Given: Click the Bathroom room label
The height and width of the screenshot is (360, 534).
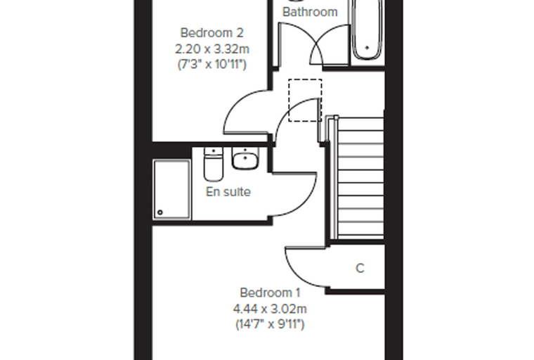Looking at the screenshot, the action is tap(310, 12).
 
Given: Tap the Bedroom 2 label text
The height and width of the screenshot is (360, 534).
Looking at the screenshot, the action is tap(211, 33).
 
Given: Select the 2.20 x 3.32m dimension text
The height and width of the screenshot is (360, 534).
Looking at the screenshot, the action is tap(211, 49).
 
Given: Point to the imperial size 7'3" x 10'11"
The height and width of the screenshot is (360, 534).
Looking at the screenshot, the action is tap(211, 64).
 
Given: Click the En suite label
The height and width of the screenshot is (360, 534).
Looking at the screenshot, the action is tap(228, 191).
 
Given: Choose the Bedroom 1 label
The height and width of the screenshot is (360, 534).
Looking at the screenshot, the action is tap(270, 292).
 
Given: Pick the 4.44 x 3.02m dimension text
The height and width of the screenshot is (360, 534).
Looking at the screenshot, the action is tap(270, 309).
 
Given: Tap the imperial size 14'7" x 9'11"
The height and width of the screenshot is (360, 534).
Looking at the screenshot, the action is tap(270, 324).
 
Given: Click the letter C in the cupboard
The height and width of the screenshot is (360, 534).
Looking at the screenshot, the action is tap(360, 269).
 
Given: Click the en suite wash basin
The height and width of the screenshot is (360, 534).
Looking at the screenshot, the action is tap(245, 158).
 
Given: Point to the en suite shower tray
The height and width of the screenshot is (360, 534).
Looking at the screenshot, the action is tap(171, 190).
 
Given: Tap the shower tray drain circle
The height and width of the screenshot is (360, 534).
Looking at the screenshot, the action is tap(160, 212).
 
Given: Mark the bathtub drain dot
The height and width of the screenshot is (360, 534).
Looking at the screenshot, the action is tap(367, 48).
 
